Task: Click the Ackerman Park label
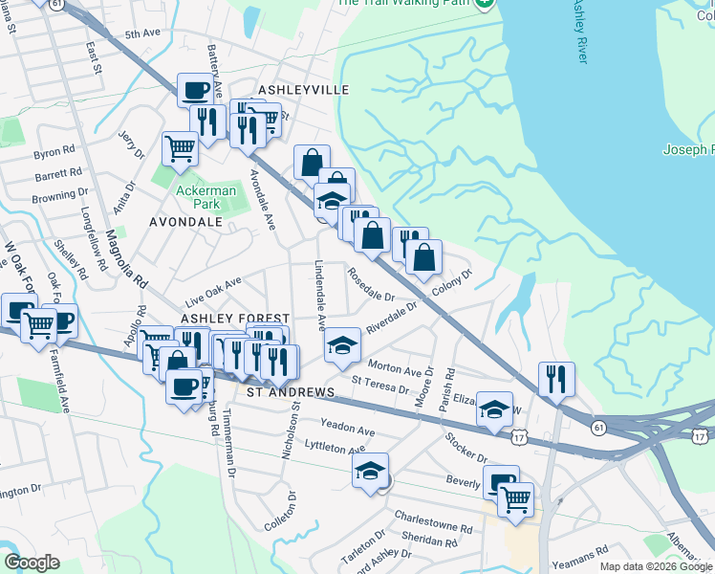198,197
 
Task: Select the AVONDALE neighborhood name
185,222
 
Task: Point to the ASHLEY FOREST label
234,318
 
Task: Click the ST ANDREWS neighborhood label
291,392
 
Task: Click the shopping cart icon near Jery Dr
180,149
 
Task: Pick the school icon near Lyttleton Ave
370,471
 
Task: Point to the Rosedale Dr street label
371,284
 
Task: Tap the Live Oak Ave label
213,287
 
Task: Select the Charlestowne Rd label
433,520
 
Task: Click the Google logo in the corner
32,563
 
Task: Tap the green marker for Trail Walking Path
485,4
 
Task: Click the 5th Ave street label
142,34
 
